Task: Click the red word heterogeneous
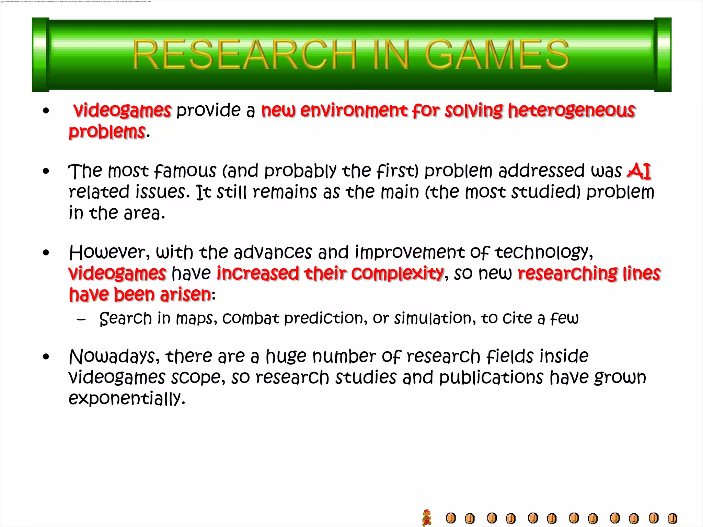coord(572,111)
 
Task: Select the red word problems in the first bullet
coord(107,132)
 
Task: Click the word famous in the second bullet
coord(185,171)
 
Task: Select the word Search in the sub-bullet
coord(125,319)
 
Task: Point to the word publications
coord(491,378)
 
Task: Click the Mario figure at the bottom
coord(427,517)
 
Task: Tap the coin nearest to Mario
coord(451,518)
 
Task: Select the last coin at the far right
coord(672,518)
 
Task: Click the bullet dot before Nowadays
coord(46,357)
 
